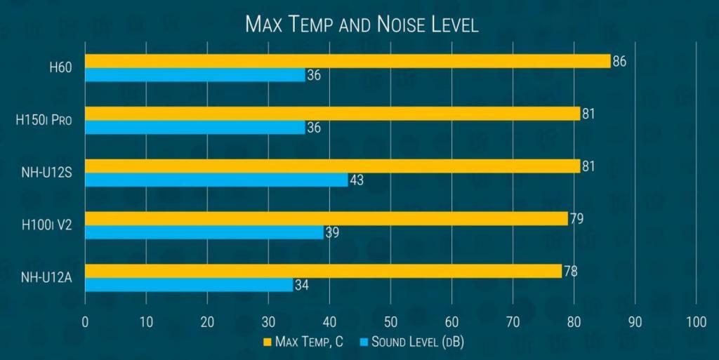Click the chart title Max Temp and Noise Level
pyautogui.click(x=362, y=25)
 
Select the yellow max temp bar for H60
pyautogui.click(x=348, y=61)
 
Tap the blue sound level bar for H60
pyautogui.click(x=195, y=75)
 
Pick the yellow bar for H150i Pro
pyautogui.click(x=332, y=114)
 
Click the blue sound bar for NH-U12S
pyautogui.click(x=216, y=180)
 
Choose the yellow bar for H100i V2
pyautogui.click(x=326, y=218)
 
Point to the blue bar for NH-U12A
pyautogui.click(x=189, y=285)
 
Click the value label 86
pyautogui.click(x=619, y=61)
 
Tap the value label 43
pyautogui.click(x=356, y=180)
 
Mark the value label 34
pyautogui.click(x=301, y=285)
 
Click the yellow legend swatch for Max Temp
pyautogui.click(x=267, y=342)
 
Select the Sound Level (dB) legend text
pyautogui.click(x=418, y=342)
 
